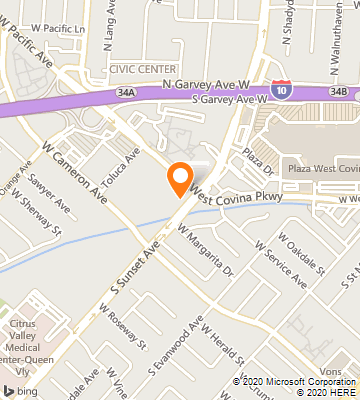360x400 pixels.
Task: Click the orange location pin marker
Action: [180, 179]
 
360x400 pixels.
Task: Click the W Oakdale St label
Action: [301, 249]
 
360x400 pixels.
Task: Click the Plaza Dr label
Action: [255, 159]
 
